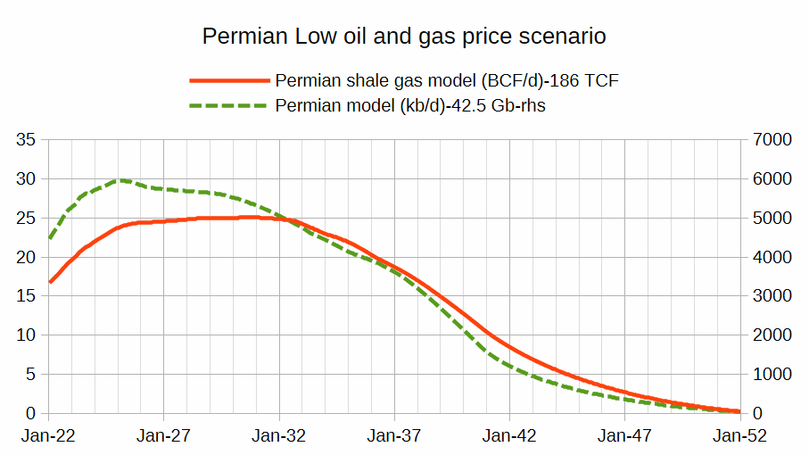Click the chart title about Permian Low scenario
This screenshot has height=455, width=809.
404,37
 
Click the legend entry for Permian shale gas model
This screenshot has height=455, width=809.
447,80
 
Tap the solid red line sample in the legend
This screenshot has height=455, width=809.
228,80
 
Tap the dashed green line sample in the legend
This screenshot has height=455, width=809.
228,105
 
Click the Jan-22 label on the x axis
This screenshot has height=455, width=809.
48,437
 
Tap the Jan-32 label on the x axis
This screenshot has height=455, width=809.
279,437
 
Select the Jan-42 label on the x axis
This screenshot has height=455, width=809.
509,437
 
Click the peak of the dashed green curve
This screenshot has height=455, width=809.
120,180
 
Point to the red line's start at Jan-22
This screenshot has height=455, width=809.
50,282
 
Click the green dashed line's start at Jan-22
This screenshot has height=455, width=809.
50,238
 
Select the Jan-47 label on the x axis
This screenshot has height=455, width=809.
624,437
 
